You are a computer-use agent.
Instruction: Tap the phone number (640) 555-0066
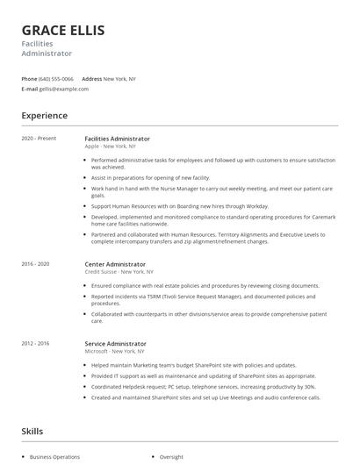click(56, 79)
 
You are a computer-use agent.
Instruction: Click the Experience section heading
click(45, 115)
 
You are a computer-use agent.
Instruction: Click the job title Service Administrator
click(116, 344)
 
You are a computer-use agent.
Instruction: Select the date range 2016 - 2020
click(35, 263)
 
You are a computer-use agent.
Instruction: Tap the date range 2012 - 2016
click(35, 344)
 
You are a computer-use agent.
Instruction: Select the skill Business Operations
click(54, 457)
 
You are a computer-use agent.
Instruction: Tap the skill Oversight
click(171, 457)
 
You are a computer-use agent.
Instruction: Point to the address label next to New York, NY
click(91, 79)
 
